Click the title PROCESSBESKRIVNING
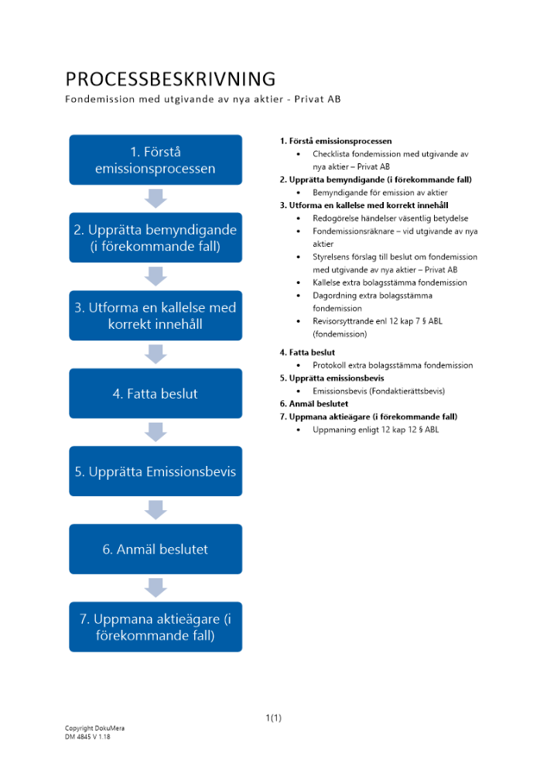tap(170, 79)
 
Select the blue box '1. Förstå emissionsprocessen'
tap(156, 159)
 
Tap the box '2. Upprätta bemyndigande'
tap(156, 238)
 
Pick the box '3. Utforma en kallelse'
tap(156, 315)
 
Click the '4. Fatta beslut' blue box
tap(156, 393)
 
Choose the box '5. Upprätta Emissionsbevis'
tap(156, 471)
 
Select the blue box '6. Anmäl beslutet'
tap(156, 549)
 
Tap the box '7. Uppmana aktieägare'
tap(156, 627)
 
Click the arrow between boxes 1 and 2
tap(156, 198)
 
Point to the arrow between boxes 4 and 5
tap(156, 432)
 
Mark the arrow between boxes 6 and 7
tap(156, 587)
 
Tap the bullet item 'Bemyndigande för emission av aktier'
tap(380, 193)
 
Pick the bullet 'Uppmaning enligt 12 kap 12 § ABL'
tap(375, 430)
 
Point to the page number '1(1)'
tap(273, 718)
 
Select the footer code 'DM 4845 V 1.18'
tap(87, 737)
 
